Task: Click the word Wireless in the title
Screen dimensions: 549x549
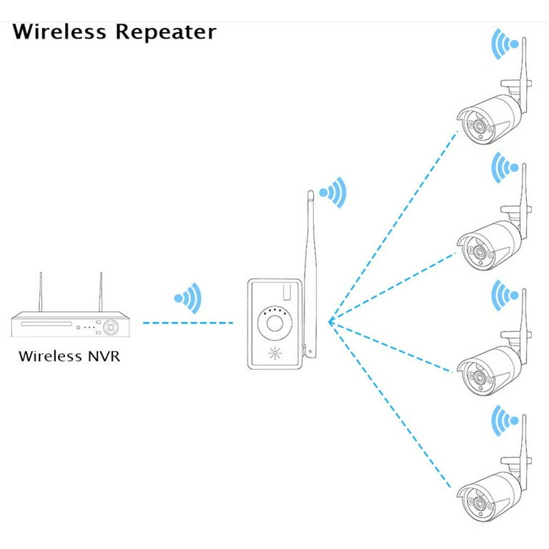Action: [x=59, y=31]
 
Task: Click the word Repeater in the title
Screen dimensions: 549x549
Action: [x=166, y=33]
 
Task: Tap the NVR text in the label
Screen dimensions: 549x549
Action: [x=104, y=356]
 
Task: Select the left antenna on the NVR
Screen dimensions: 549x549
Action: [x=41, y=292]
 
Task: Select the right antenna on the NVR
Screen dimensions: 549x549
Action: [x=101, y=292]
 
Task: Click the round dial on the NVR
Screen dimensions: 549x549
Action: [x=111, y=327]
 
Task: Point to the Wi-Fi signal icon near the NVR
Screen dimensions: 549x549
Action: [x=189, y=298]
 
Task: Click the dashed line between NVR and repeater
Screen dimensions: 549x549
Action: [x=188, y=323]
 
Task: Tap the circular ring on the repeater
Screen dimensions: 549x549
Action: [x=274, y=323]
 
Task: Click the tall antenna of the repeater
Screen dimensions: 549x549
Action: [x=310, y=274]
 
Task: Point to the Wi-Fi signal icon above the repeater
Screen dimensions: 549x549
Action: [x=333, y=192]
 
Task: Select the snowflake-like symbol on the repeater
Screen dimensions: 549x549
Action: [x=275, y=353]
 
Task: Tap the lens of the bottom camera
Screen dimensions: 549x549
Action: [x=480, y=503]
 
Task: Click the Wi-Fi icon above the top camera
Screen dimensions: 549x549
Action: [x=505, y=44]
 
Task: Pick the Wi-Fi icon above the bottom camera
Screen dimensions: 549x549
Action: [x=505, y=421]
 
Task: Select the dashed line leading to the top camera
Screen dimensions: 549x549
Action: [x=394, y=227]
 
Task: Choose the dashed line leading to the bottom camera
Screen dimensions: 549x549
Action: [x=390, y=405]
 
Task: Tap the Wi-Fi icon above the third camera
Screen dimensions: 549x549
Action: [x=505, y=295]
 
